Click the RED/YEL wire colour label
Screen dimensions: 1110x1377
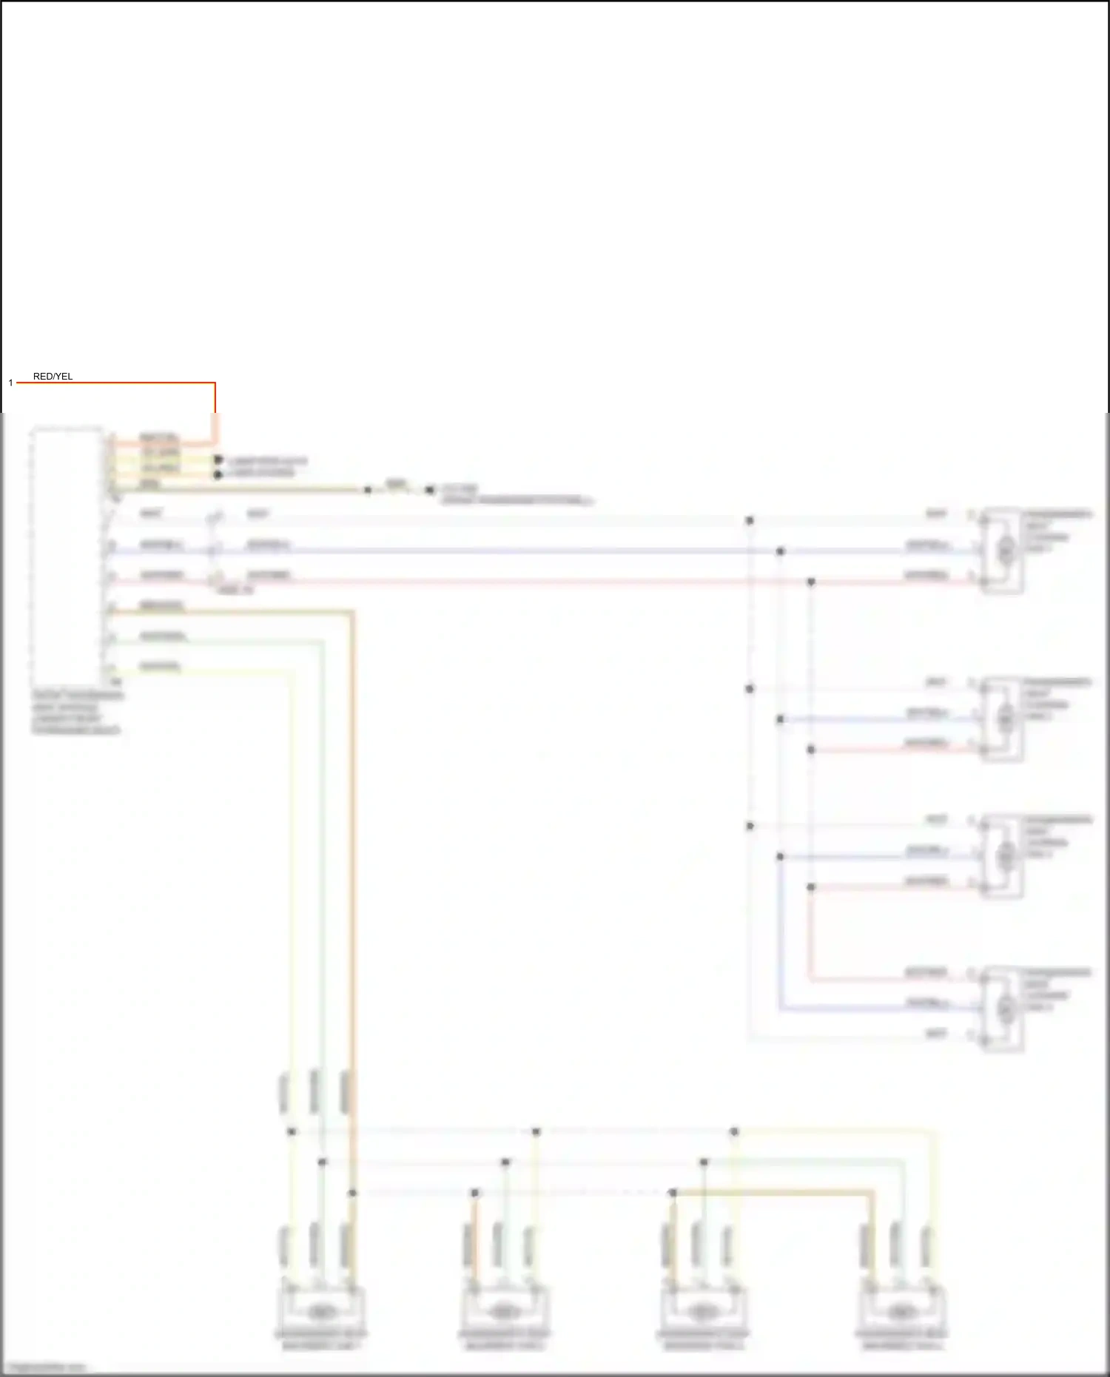pyautogui.click(x=53, y=377)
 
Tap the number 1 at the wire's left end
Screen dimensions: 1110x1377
pyautogui.click(x=10, y=383)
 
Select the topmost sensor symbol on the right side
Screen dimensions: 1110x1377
pyautogui.click(x=1003, y=550)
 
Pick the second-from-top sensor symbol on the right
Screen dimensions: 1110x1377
pyautogui.click(x=1003, y=718)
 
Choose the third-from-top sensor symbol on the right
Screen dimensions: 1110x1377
pyautogui.click(x=1003, y=856)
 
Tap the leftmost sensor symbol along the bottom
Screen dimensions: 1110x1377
pyautogui.click(x=320, y=1312)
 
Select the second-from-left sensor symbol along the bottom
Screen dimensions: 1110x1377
pyautogui.click(x=504, y=1312)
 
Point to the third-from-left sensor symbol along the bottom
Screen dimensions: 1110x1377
pyautogui.click(x=702, y=1312)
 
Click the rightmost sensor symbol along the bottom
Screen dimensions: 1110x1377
pyautogui.click(x=901, y=1312)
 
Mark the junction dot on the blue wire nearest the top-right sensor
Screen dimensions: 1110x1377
pyautogui.click(x=780, y=551)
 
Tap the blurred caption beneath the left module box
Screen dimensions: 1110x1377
pyautogui.click(x=76, y=713)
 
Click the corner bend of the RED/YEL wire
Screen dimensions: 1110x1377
pyautogui.click(x=215, y=383)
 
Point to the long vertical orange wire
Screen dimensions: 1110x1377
pyautogui.click(x=352, y=851)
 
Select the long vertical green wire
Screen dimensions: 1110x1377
pyautogui.click(x=323, y=851)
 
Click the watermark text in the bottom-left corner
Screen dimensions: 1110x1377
pyautogui.click(x=46, y=1367)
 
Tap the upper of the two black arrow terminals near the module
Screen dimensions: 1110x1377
pyautogui.click(x=218, y=460)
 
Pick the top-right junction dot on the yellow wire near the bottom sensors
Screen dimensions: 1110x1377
pyautogui.click(x=734, y=1131)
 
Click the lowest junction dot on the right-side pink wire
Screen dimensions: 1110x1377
pyautogui.click(x=811, y=887)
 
